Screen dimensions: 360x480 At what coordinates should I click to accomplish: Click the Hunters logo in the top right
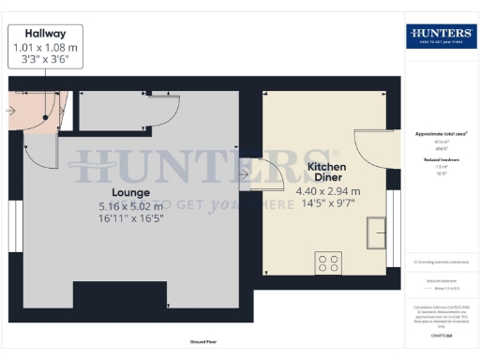(441, 36)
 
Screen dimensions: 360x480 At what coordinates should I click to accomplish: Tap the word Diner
(327, 178)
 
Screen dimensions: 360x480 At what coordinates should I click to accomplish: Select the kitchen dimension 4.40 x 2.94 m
(328, 192)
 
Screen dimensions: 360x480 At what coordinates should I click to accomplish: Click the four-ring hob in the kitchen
(328, 263)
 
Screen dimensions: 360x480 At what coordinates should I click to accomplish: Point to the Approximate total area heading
(442, 133)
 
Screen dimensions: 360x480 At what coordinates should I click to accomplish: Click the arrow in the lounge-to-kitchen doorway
(244, 173)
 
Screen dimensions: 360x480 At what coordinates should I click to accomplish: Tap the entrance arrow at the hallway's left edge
(9, 110)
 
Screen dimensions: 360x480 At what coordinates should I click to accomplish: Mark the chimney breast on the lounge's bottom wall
(120, 302)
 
